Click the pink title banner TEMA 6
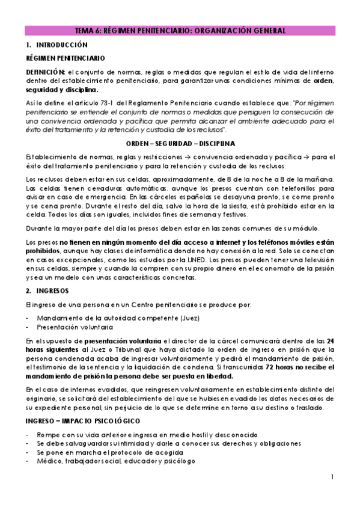(x=180, y=31)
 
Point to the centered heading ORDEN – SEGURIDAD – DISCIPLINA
(x=180, y=144)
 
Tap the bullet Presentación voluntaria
(x=75, y=327)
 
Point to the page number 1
(x=332, y=478)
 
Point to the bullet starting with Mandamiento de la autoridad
(x=118, y=318)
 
